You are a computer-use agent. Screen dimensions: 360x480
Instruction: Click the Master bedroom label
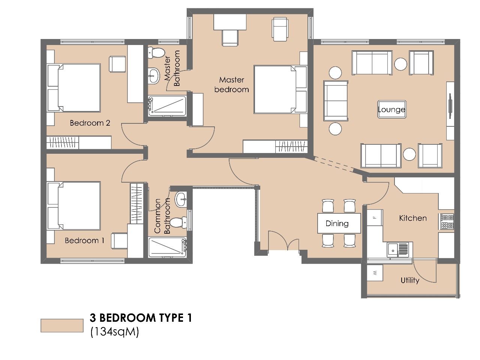[231, 85]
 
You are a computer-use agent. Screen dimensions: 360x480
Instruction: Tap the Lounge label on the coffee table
[391, 109]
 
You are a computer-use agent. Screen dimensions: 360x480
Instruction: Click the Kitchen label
[412, 218]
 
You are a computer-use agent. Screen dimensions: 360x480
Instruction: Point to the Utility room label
[409, 280]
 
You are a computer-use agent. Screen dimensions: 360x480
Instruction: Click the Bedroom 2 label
[90, 123]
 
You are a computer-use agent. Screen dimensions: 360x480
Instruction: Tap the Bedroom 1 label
[84, 240]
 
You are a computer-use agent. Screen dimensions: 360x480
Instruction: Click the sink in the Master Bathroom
[154, 76]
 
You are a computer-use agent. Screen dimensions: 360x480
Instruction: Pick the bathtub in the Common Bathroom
[167, 247]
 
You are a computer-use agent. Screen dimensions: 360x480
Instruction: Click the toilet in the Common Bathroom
[178, 222]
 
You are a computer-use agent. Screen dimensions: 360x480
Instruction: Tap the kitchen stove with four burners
[447, 222]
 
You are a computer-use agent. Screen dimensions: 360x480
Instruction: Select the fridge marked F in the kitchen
[374, 217]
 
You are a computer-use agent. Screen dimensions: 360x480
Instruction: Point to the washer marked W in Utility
[375, 273]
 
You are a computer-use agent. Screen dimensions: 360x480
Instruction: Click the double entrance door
[283, 241]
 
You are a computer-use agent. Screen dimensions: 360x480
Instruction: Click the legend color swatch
[62, 325]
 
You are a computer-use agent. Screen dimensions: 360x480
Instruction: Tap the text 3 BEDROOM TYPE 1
[141, 318]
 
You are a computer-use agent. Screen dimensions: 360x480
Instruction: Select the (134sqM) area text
[114, 332]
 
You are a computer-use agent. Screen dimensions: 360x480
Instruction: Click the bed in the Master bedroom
[275, 90]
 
